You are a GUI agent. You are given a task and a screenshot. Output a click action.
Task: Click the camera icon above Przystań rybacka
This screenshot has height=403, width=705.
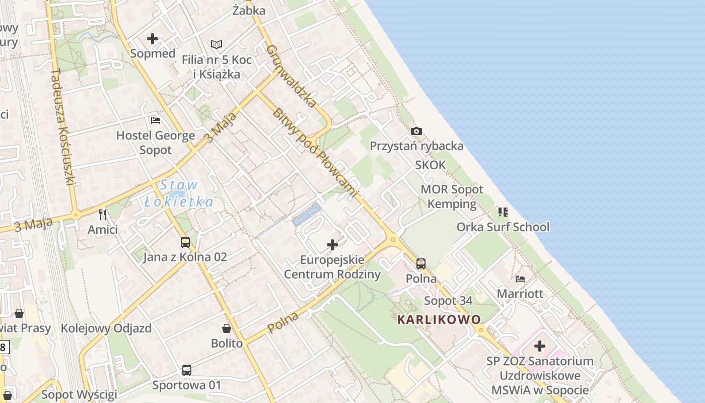416,131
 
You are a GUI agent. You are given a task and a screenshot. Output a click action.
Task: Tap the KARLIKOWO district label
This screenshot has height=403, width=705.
439,319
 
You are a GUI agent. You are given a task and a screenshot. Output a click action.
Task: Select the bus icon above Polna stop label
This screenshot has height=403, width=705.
421,263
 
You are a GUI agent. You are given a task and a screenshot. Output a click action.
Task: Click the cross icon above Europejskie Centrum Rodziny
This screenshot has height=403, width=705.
332,245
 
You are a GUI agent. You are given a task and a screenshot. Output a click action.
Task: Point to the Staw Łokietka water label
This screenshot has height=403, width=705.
179,194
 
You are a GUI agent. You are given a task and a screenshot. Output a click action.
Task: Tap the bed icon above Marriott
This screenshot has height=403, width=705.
520,279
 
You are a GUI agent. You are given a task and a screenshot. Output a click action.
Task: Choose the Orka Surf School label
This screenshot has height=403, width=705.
503,227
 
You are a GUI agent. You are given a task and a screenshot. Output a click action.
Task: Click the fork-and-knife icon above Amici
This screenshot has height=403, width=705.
103,215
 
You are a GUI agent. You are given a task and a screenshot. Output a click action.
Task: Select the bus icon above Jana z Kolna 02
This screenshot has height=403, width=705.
185,242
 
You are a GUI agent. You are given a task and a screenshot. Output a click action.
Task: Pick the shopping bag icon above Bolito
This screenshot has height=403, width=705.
227,329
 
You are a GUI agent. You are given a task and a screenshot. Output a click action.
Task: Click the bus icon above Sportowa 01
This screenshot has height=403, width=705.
187,370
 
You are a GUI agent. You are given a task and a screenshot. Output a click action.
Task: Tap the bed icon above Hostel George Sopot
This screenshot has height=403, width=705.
156,120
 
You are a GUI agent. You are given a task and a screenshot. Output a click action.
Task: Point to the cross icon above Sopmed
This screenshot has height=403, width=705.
153,39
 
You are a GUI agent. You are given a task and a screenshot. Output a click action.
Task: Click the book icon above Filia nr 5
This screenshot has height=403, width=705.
217,45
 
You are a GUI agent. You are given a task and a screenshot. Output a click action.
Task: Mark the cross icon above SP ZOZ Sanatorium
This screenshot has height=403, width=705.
540,346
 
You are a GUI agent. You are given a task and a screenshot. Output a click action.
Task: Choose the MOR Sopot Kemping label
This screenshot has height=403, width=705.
452,196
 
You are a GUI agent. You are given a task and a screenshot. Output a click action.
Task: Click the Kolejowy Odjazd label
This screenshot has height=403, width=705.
106,328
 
